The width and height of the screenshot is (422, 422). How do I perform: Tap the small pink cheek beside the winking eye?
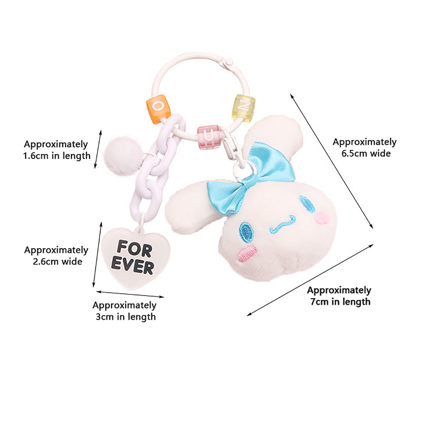coord(323,218)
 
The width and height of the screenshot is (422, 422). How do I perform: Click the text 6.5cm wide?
coord(366,154)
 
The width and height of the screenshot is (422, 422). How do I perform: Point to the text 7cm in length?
coord(340,301)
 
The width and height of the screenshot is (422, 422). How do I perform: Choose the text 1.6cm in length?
coord(57,156)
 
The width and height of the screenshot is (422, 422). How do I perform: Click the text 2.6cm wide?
coord(57,262)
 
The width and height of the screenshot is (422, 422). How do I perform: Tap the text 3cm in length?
coord(126,316)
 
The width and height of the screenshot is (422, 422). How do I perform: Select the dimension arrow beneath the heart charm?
coord(130,294)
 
